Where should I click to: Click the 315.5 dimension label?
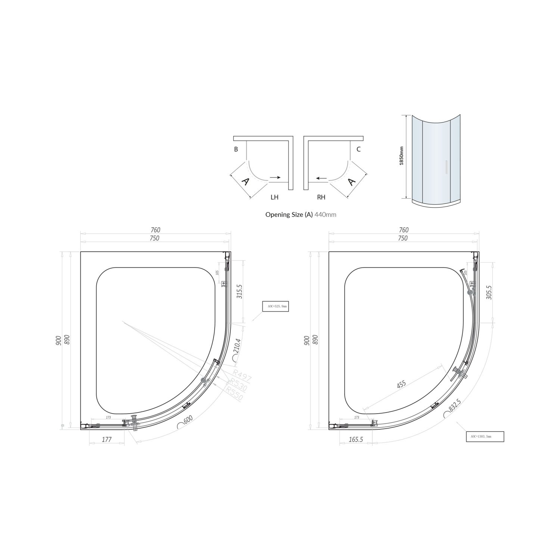(240, 291)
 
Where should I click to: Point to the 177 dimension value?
(107, 439)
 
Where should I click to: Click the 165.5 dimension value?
(356, 439)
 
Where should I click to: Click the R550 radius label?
(234, 393)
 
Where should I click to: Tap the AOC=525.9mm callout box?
(276, 306)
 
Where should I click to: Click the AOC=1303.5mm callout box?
(485, 436)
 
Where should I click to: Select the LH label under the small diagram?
(274, 197)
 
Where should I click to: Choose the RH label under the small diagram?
(321, 197)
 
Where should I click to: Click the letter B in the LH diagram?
(236, 149)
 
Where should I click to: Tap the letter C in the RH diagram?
(358, 149)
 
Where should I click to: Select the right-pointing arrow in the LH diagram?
(276, 178)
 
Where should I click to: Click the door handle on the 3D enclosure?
(446, 167)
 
